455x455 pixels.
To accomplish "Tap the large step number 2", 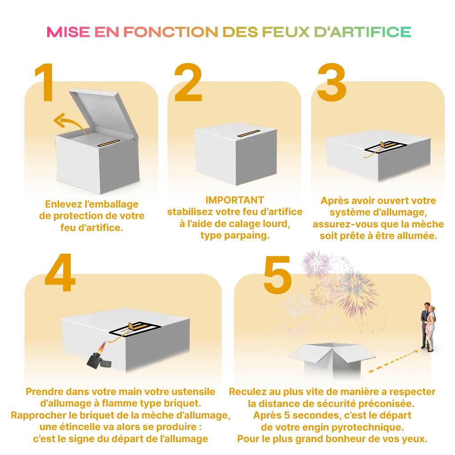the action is pyautogui.click(x=188, y=82).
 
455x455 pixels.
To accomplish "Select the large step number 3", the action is pyautogui.click(x=331, y=82).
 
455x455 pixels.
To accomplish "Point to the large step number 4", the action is pyautogui.click(x=60, y=272).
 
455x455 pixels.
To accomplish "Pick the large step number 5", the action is pyautogui.click(x=277, y=275).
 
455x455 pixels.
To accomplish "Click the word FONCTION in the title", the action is pyautogui.click(x=171, y=32).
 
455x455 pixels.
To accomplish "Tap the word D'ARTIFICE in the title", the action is pyautogui.click(x=363, y=32).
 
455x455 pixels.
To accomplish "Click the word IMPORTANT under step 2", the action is pyautogui.click(x=235, y=200).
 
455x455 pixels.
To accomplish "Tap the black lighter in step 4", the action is pyautogui.click(x=99, y=360).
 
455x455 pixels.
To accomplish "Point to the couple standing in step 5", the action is pyautogui.click(x=428, y=327).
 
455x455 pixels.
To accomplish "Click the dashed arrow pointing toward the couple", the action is pyautogui.click(x=393, y=361).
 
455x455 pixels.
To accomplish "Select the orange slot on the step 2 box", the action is pyautogui.click(x=249, y=133).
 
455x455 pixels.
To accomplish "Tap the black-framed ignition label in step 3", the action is pyautogui.click(x=386, y=148).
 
